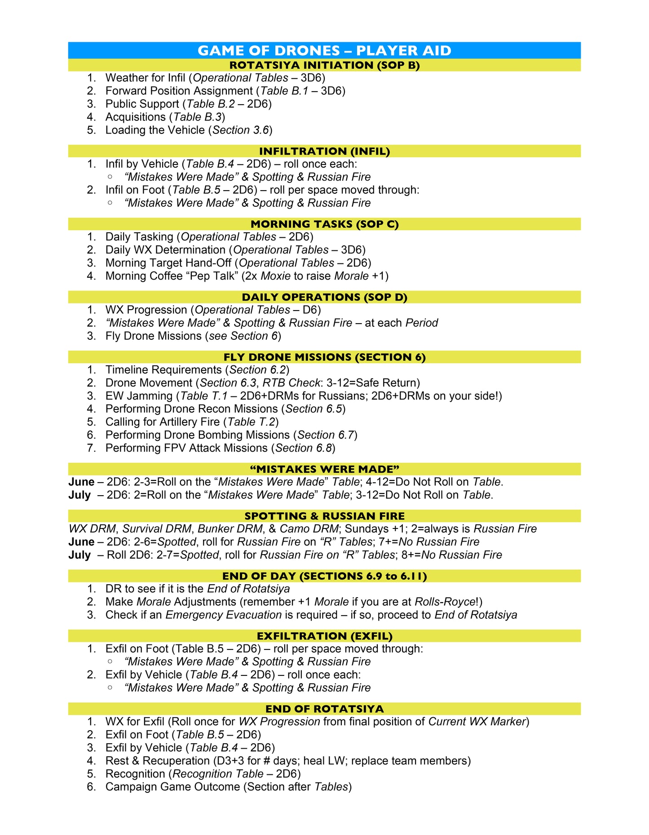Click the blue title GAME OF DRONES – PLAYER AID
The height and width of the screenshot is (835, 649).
click(x=324, y=50)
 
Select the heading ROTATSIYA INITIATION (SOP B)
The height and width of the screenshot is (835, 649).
click(x=324, y=65)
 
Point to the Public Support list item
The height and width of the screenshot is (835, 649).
click(x=188, y=104)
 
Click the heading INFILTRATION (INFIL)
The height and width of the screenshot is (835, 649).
click(x=324, y=151)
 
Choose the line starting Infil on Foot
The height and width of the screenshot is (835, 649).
click(x=262, y=190)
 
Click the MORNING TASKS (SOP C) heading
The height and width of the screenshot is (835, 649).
click(x=324, y=224)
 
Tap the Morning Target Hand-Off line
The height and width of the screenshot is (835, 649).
click(x=238, y=263)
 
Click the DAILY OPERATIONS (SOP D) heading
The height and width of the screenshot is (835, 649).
click(x=324, y=297)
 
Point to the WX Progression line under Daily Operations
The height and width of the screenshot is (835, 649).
click(x=213, y=310)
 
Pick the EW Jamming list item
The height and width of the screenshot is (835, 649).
click(x=304, y=396)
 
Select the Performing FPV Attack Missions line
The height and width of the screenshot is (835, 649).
click(x=220, y=448)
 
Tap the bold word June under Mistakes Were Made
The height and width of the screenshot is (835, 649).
click(x=81, y=482)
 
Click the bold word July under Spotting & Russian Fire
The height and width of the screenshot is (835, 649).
click(x=79, y=555)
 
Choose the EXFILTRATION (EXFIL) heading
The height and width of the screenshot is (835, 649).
click(x=324, y=636)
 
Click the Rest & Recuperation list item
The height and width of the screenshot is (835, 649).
click(x=288, y=761)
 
